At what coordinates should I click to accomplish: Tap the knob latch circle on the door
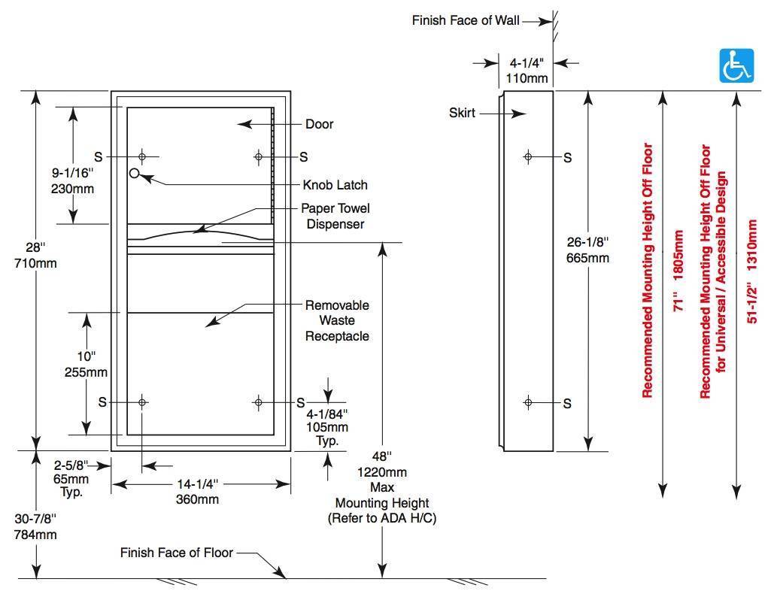coord(135,174)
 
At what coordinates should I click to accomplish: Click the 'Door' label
coord(319,124)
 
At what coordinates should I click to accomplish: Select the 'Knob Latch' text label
coord(335,185)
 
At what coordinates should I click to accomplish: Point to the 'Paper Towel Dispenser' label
coord(335,216)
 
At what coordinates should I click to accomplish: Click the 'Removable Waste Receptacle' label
coord(337,321)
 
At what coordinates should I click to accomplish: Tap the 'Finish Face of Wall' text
coord(466,21)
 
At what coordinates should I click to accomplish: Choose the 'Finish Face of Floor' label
coord(177,553)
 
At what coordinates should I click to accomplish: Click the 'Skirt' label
coord(462,114)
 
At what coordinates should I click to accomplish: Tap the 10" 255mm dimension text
coord(87,364)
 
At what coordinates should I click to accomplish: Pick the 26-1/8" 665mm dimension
coord(587,250)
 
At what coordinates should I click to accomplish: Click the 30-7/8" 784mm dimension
coord(35,527)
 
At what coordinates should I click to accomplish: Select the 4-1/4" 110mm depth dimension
coord(527,71)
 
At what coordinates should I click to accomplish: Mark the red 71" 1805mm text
coord(678,271)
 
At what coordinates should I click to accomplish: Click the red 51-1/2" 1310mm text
coord(752,271)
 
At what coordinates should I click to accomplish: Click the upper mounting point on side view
coord(528,157)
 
